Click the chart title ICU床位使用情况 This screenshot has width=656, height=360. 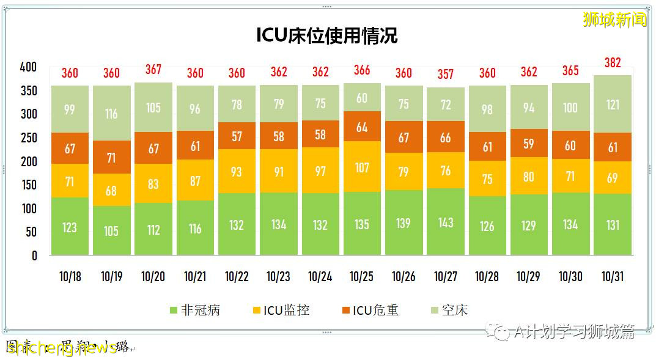[x=327, y=35]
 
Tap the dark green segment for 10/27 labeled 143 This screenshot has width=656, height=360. [x=446, y=222]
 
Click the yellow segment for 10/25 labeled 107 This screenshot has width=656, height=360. [x=362, y=167]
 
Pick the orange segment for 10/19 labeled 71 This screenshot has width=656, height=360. [x=111, y=157]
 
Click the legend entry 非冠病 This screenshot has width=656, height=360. [x=194, y=310]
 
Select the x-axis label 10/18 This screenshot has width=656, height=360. [x=70, y=277]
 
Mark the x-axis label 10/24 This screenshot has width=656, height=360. [x=320, y=277]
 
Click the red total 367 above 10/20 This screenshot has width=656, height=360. [x=153, y=70]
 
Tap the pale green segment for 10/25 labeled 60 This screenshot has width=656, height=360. [x=362, y=98]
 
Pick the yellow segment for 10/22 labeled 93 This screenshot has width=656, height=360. [x=237, y=171]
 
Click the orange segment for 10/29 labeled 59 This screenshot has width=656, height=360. [x=529, y=144]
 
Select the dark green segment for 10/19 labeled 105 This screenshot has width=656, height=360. [x=111, y=230]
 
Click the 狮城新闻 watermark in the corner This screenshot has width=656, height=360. [x=614, y=20]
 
